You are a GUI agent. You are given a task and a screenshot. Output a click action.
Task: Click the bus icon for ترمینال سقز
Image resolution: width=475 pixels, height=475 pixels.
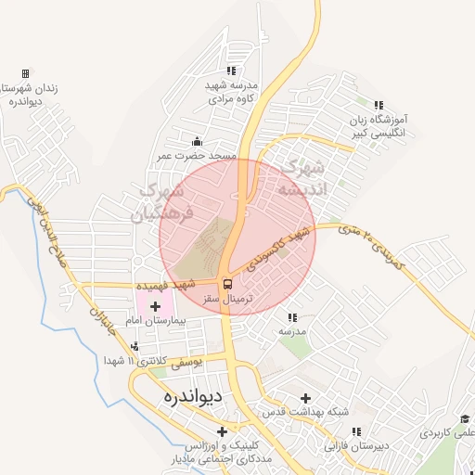coord(228,285)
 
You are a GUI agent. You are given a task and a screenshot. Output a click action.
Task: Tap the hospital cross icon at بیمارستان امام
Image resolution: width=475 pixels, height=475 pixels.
coord(154,306)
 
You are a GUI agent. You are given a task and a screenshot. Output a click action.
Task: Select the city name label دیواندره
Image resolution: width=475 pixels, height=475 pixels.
coord(181,397)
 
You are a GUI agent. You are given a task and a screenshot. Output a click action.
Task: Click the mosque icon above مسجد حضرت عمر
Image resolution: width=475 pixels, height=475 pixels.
coord(196,142)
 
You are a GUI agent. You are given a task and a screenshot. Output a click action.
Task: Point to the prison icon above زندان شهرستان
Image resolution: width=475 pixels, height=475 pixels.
coord(25,73)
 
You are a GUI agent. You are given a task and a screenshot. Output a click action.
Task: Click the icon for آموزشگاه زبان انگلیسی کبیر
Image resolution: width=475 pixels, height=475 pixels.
coord(378,106)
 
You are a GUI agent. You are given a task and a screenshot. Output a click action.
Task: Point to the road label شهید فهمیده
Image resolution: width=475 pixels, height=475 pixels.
coord(167,284)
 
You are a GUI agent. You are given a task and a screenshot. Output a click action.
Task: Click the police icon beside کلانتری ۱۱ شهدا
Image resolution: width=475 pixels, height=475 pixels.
coord(135,348)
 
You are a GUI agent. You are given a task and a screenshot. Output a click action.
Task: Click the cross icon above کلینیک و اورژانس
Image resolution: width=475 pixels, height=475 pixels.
coord(221,431)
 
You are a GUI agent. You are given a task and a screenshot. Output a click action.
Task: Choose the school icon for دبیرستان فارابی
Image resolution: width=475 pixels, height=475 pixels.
coord(356,431)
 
